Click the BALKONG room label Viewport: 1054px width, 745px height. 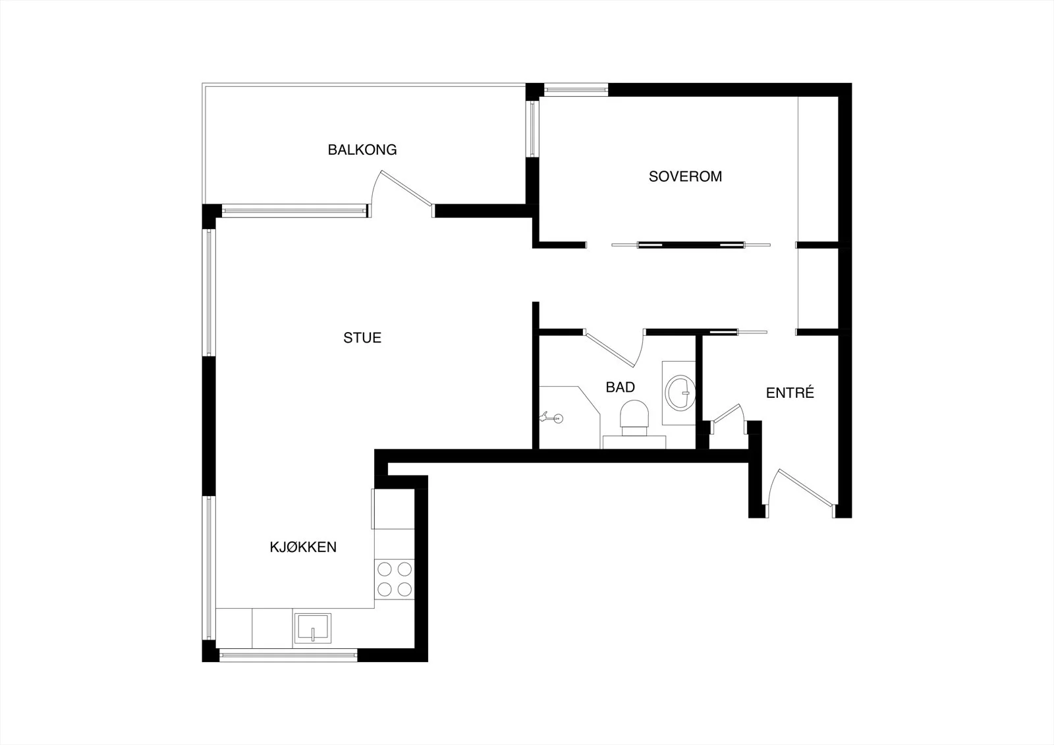click(362, 150)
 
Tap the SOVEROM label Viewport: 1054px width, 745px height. click(685, 177)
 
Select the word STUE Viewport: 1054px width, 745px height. click(362, 338)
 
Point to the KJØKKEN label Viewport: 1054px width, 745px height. click(303, 547)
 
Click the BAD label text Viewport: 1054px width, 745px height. click(620, 387)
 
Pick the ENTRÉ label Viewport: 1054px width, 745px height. click(790, 393)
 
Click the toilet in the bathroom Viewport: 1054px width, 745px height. click(634, 418)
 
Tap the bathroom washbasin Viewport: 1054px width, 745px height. click(680, 393)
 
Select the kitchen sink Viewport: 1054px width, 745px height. click(312, 628)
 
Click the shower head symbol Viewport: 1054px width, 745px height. click(551, 418)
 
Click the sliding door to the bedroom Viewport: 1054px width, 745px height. click(691, 245)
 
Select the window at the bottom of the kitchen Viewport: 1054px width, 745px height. click(289, 655)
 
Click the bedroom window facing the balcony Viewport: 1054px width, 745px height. click(532, 129)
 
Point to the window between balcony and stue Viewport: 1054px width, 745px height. click(294, 211)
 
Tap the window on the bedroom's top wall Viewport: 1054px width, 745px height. click(576, 90)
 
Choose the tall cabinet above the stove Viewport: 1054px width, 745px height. click(394, 509)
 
